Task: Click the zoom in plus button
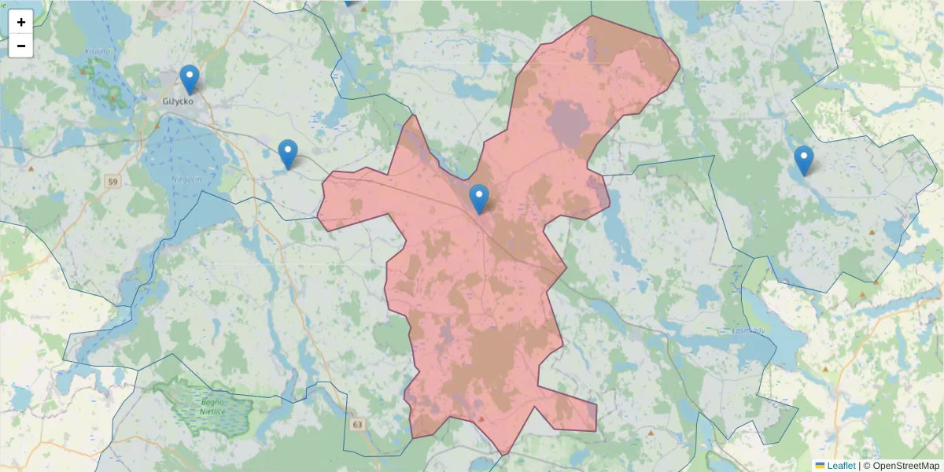coord(20,22)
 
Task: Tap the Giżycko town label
coord(177,101)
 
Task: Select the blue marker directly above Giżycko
coord(189,79)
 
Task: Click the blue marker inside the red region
coord(478,199)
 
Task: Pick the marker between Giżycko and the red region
coord(288,154)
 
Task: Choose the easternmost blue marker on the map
coord(803,160)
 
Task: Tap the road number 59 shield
coord(114,182)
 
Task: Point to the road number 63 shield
coord(358,425)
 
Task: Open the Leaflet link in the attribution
coord(841,466)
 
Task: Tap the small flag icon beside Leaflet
coord(820,466)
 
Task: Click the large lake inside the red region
coord(568,124)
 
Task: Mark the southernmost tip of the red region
coord(503,454)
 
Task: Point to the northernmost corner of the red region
coord(592,17)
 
